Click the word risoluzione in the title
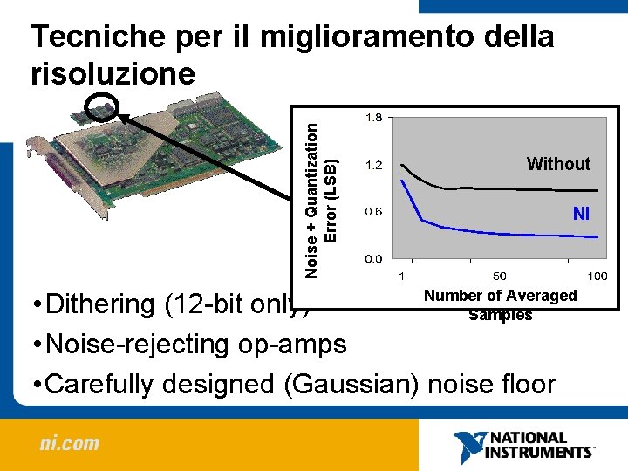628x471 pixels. (x=113, y=73)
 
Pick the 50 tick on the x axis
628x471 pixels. (x=500, y=276)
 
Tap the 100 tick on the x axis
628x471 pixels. (x=597, y=276)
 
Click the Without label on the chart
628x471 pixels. (x=558, y=164)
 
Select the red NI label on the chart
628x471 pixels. (x=581, y=213)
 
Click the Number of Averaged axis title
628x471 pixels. (x=500, y=296)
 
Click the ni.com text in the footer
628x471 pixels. (x=69, y=443)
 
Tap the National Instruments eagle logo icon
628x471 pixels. (x=468, y=446)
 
